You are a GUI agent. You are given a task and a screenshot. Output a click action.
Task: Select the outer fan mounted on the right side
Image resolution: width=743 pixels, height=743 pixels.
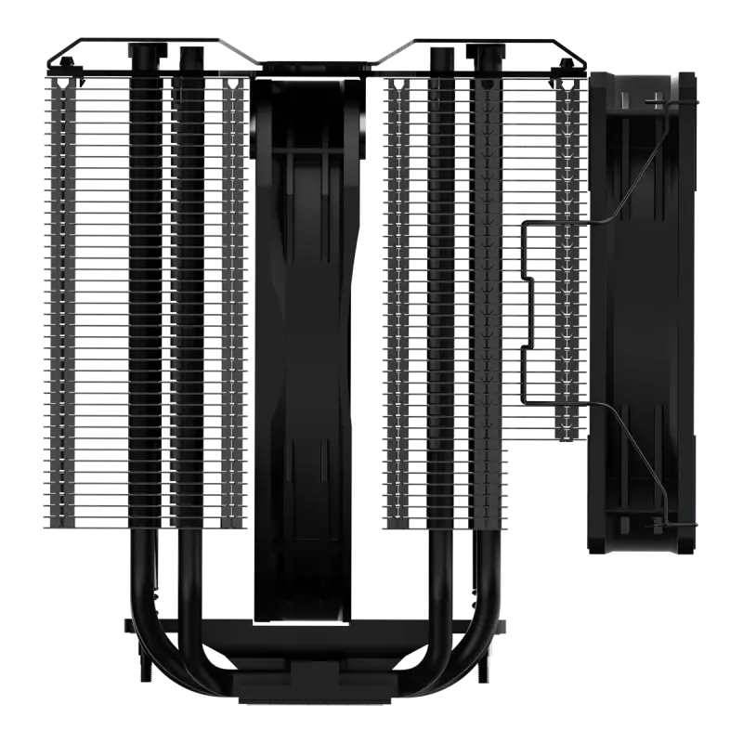(641, 306)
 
